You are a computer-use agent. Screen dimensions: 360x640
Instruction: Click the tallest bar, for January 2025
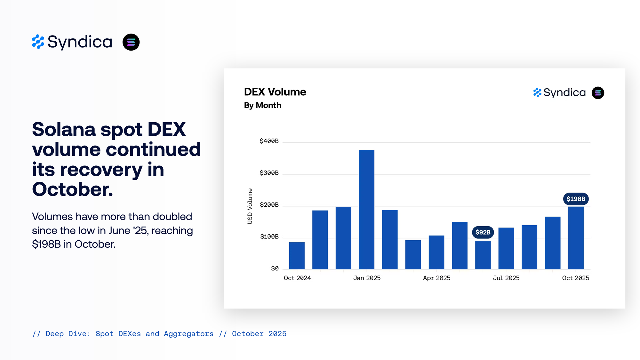tap(366, 209)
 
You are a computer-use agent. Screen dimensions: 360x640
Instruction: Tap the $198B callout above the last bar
tap(576, 199)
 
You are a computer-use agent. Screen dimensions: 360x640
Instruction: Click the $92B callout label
tap(483, 232)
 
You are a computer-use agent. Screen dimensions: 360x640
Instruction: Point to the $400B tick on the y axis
tap(269, 141)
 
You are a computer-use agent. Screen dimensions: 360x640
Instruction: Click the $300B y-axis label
tap(269, 173)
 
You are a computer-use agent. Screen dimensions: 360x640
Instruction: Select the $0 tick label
tap(275, 268)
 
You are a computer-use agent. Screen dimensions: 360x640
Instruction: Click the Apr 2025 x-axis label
tap(436, 278)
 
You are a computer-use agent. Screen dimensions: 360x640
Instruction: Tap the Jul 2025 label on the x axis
tap(506, 278)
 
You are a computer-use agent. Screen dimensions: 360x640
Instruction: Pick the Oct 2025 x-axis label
tap(575, 278)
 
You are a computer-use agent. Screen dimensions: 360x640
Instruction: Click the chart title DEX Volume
tap(275, 92)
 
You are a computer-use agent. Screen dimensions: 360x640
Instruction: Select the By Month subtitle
tap(262, 105)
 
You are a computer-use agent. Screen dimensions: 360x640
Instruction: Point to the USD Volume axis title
tap(250, 206)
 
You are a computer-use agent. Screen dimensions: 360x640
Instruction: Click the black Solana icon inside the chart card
tap(598, 93)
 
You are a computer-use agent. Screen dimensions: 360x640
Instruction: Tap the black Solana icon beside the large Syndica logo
tap(131, 42)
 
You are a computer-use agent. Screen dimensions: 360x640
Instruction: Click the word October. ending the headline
tap(73, 189)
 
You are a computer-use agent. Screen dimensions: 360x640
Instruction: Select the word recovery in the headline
tap(101, 170)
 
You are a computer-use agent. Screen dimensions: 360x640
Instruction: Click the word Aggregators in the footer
tap(188, 334)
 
